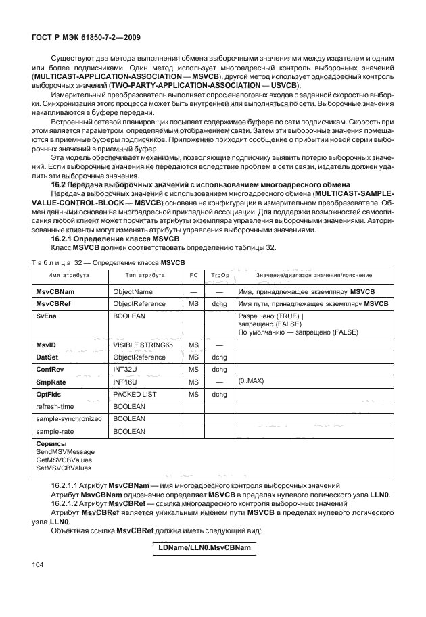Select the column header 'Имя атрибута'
tap(68, 276)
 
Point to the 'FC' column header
tap(193, 276)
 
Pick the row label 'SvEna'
tap(45, 316)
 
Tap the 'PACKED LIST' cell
tap(133, 394)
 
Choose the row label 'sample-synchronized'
tap(68, 418)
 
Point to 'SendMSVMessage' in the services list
tap(66, 451)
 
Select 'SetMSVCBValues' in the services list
tap(64, 467)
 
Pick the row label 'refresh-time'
tap(56, 406)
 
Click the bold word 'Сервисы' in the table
tap(51, 443)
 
